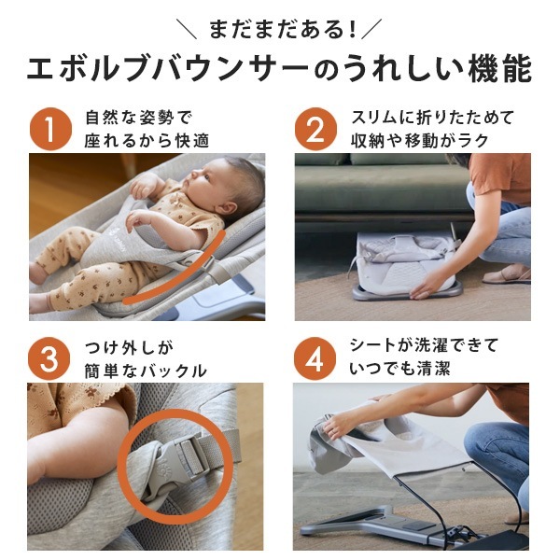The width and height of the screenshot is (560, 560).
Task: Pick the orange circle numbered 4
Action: tap(316, 358)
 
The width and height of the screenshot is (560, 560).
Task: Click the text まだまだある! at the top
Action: tap(280, 28)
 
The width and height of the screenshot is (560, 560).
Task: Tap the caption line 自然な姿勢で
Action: tap(137, 118)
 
